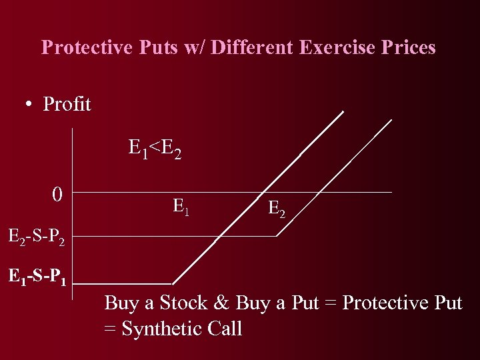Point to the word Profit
[67, 105]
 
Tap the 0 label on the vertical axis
[58, 195]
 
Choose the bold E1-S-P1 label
[37, 275]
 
